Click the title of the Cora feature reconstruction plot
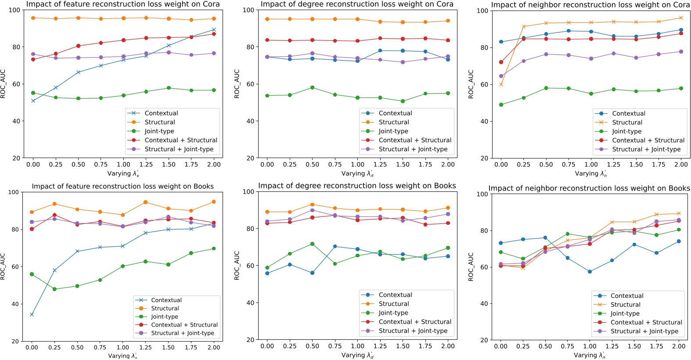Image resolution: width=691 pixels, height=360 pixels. [123, 4]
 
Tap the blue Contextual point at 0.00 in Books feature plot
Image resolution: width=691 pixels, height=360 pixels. [32, 314]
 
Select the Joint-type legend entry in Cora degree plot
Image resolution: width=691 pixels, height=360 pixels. [393, 131]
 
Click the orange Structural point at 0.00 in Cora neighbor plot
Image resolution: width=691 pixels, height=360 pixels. [501, 84]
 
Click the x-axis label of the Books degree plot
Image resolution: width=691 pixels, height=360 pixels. [357, 355]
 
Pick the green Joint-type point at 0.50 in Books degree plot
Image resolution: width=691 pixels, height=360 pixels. [312, 244]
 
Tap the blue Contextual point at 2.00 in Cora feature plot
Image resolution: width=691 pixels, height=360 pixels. [214, 29]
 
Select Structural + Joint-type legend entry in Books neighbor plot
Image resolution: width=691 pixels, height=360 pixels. [644, 331]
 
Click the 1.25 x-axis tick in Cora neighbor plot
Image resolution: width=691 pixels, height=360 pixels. [613, 165]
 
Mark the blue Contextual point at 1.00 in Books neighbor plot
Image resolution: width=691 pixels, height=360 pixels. [590, 272]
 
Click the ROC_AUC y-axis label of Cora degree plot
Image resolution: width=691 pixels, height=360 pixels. [237, 83]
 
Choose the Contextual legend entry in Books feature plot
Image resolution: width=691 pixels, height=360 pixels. [166, 300]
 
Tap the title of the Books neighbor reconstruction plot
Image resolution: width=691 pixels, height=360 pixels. [589, 188]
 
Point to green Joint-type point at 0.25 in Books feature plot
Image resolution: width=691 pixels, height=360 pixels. [54, 289]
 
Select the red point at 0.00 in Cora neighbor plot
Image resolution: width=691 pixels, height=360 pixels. [501, 62]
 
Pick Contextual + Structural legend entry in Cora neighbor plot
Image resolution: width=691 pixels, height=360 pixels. [648, 140]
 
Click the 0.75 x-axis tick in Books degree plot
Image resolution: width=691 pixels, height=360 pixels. [335, 346]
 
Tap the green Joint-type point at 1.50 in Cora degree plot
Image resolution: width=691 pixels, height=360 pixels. [403, 101]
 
